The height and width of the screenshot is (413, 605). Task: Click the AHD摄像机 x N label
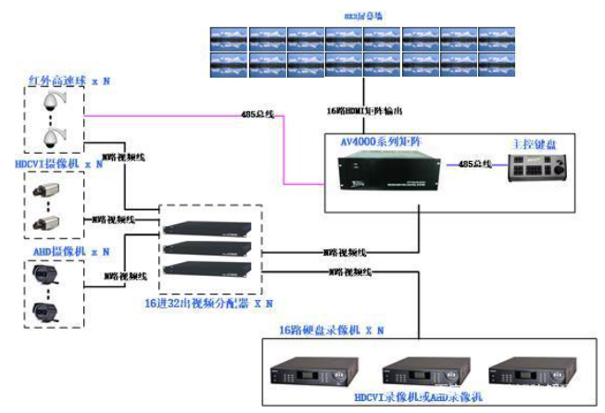click(x=57, y=251)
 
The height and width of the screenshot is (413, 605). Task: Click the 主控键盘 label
click(x=532, y=144)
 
